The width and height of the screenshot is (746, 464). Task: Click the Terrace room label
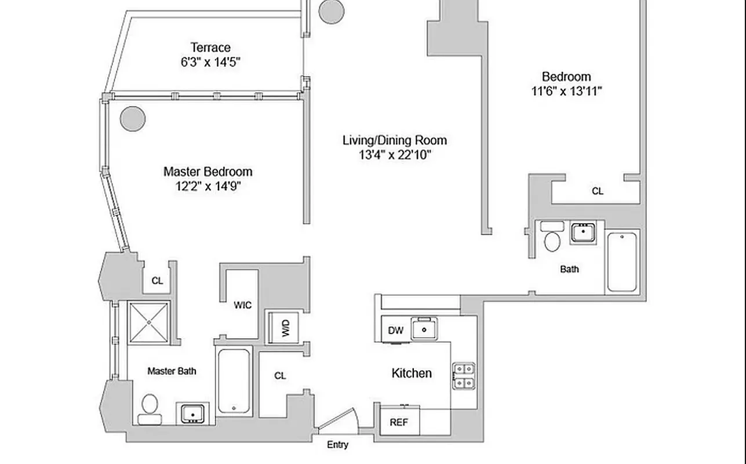(x=210, y=48)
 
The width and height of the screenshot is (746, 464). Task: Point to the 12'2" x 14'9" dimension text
(x=208, y=186)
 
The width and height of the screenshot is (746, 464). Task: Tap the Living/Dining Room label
(x=394, y=140)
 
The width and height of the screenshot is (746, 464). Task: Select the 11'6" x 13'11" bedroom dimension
(x=566, y=91)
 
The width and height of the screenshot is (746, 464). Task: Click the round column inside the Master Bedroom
(x=132, y=119)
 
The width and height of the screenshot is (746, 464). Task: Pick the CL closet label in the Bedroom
(x=597, y=191)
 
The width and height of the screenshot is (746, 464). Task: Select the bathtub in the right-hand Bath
(x=622, y=261)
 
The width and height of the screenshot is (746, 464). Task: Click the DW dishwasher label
(x=395, y=331)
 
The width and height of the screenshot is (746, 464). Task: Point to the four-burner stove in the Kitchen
(x=463, y=375)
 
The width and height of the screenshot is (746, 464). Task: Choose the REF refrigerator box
(x=399, y=422)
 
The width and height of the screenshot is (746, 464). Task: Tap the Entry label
(x=337, y=445)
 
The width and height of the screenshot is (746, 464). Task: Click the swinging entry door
(x=338, y=420)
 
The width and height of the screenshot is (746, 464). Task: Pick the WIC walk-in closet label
(x=242, y=305)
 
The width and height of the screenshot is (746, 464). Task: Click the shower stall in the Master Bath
(x=148, y=322)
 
